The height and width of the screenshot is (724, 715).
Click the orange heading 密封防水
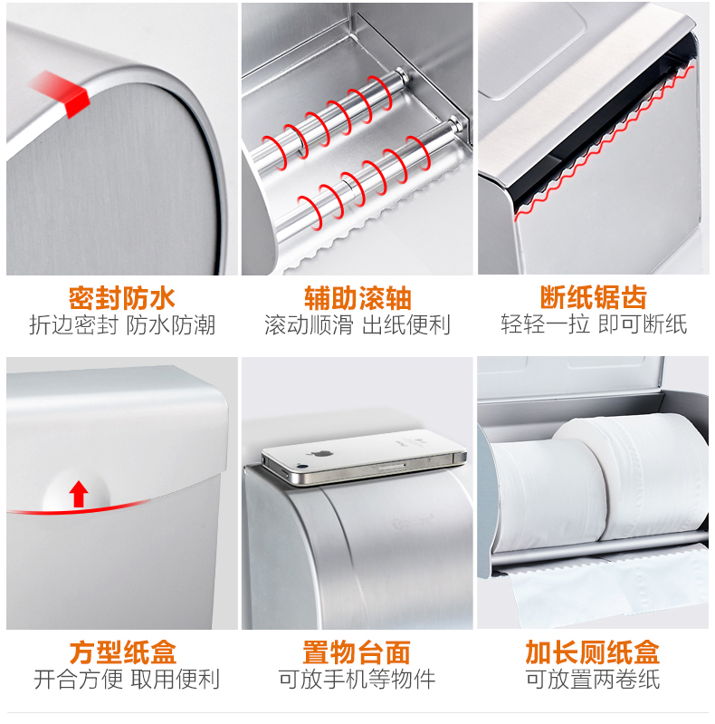point(122,298)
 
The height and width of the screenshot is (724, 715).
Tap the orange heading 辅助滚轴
point(357,298)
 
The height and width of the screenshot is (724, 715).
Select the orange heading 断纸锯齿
point(593,297)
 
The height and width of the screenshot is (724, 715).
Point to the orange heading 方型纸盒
point(123,652)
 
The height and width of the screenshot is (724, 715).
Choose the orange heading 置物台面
point(357,652)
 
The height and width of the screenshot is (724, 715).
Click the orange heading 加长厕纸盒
point(592,652)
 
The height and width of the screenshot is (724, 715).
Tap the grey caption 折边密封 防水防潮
point(122,325)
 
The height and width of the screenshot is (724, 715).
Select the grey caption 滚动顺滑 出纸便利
point(357,325)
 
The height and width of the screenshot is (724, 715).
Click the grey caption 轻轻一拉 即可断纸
point(594,324)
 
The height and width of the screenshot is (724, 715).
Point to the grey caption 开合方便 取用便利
point(127,680)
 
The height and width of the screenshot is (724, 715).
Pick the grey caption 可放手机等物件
point(357,680)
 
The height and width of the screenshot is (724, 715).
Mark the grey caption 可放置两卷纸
point(593,680)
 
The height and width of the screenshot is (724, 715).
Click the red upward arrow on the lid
point(79,494)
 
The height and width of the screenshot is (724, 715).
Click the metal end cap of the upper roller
point(400,75)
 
